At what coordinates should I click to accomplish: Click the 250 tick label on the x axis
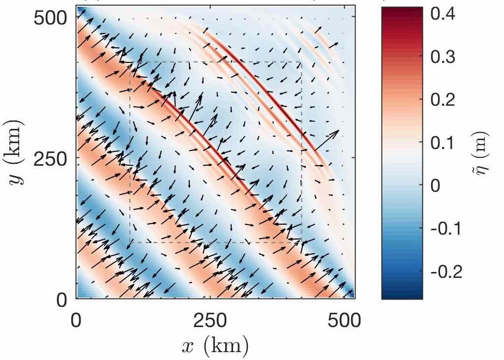[210, 321]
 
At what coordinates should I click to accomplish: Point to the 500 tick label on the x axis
[344, 321]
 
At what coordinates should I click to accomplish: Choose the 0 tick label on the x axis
[77, 321]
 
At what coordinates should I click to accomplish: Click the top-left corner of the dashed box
[130, 62]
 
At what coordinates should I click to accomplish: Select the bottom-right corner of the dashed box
[301, 242]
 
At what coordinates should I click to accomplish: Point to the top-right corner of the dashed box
[301, 62]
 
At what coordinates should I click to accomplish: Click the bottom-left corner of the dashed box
[130, 242]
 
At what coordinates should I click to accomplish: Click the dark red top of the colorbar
[402, 11]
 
